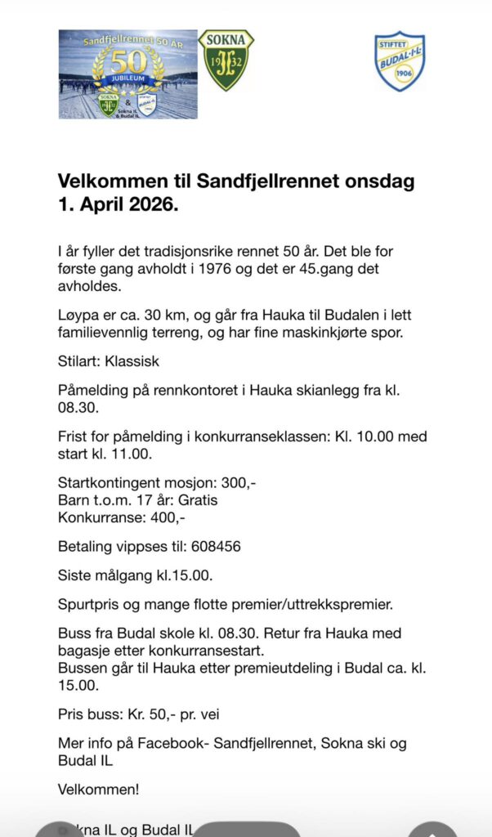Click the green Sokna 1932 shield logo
(x=226, y=60)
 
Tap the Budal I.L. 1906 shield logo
(x=400, y=61)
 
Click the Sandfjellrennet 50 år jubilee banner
(x=128, y=74)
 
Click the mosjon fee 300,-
(x=239, y=482)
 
